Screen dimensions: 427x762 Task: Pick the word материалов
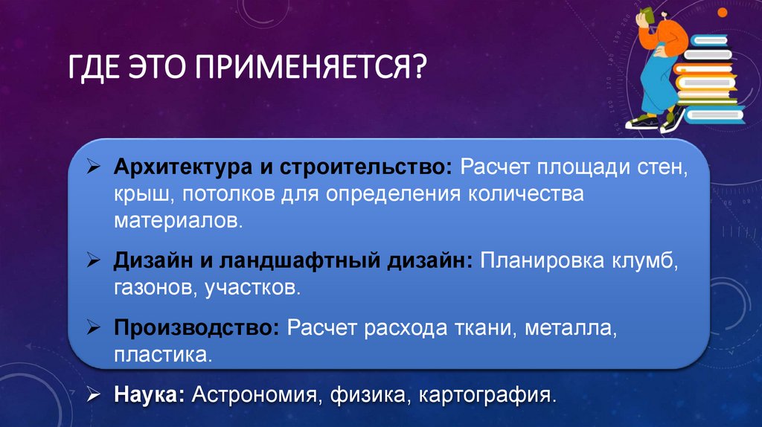178,221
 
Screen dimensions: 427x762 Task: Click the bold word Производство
196,327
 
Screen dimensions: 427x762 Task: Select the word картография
487,394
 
